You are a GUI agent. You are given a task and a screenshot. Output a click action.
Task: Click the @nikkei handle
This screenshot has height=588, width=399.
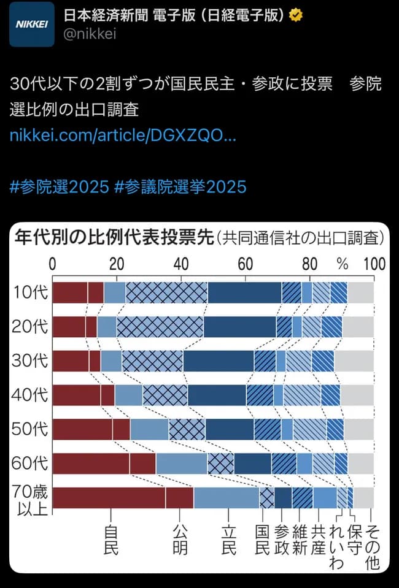coord(90,34)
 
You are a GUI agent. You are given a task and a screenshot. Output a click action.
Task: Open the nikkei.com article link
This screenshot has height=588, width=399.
coord(123,135)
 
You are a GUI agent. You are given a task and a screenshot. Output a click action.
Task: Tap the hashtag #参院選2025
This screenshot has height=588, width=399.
coord(60,186)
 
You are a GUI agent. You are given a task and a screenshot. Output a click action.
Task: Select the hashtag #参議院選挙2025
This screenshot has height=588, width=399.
coord(180,186)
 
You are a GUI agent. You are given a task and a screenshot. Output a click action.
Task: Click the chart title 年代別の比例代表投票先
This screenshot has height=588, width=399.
coord(114,237)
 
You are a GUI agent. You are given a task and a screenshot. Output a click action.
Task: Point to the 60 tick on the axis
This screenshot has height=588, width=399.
coord(246,264)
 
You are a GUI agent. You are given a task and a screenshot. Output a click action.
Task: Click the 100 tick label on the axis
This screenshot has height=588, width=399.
coord(374,264)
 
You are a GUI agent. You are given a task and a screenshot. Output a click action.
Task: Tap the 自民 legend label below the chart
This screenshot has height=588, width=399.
coord(110,540)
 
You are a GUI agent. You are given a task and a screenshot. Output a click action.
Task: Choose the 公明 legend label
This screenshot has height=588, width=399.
coord(180,540)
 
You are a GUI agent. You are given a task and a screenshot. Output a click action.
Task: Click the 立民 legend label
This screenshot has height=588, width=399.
coord(228,540)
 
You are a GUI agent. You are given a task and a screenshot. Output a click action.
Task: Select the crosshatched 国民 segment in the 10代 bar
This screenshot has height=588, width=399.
coord(166,292)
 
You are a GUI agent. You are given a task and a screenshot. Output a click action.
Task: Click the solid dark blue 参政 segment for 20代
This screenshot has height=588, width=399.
coord(239,327)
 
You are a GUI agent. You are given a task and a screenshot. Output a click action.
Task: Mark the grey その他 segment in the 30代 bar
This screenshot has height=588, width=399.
coord(354,361)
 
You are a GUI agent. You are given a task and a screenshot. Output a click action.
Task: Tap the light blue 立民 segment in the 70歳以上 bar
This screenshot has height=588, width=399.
coord(227,498)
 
